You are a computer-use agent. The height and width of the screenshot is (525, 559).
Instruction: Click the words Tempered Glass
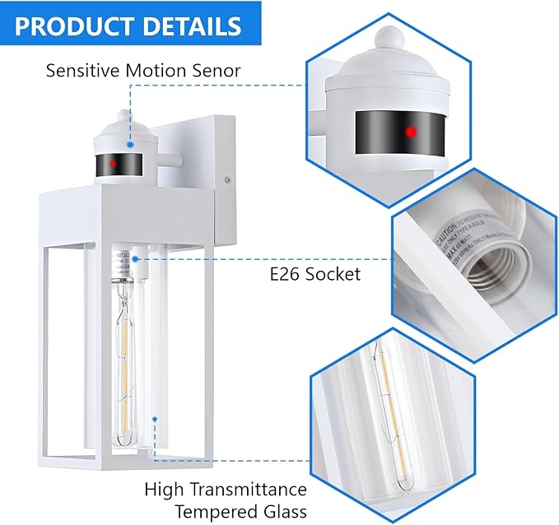tap(226, 512)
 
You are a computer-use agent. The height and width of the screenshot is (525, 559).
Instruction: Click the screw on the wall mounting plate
tap(228, 174)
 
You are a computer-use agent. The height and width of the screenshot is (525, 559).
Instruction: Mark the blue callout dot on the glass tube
tap(154, 420)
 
